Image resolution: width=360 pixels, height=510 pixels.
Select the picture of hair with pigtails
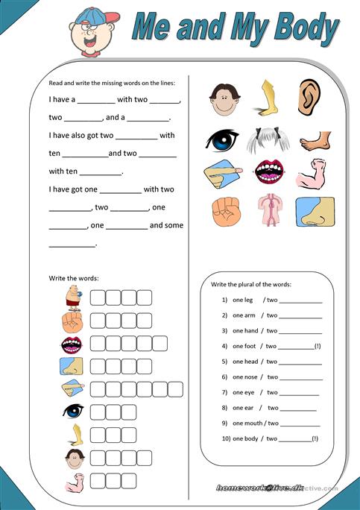(x=268, y=139)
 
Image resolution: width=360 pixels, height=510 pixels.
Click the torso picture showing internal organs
(x=267, y=210)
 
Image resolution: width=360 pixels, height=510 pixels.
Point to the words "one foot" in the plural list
(x=244, y=346)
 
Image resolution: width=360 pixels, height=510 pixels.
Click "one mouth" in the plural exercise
(x=246, y=423)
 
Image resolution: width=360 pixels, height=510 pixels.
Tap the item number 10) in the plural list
(x=224, y=438)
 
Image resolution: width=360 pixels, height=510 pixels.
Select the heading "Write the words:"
(x=74, y=278)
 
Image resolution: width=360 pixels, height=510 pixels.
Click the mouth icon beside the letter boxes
(x=72, y=344)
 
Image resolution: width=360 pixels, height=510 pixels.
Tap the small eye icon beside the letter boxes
(x=73, y=411)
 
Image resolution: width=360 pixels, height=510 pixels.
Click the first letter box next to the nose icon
(x=98, y=366)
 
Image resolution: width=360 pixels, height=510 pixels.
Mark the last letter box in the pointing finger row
(x=176, y=388)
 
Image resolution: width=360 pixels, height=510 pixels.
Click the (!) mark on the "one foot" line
(x=318, y=346)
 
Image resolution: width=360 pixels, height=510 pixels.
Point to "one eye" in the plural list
(x=243, y=392)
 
